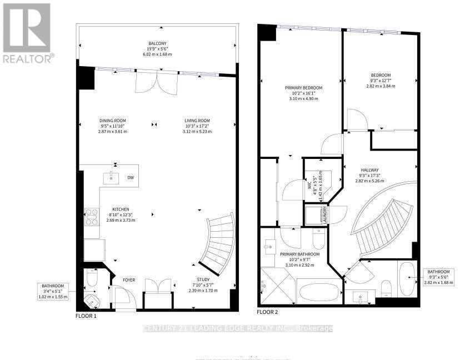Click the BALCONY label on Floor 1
point(157,43)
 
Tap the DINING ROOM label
point(113,121)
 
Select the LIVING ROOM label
point(197,121)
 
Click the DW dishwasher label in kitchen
point(131,178)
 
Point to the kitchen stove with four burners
point(91,216)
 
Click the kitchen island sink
point(111,177)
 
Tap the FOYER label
point(129,280)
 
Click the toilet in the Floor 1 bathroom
point(92,276)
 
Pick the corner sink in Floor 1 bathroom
point(91,301)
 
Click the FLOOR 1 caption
point(86,316)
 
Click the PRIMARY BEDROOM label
point(303,87)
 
